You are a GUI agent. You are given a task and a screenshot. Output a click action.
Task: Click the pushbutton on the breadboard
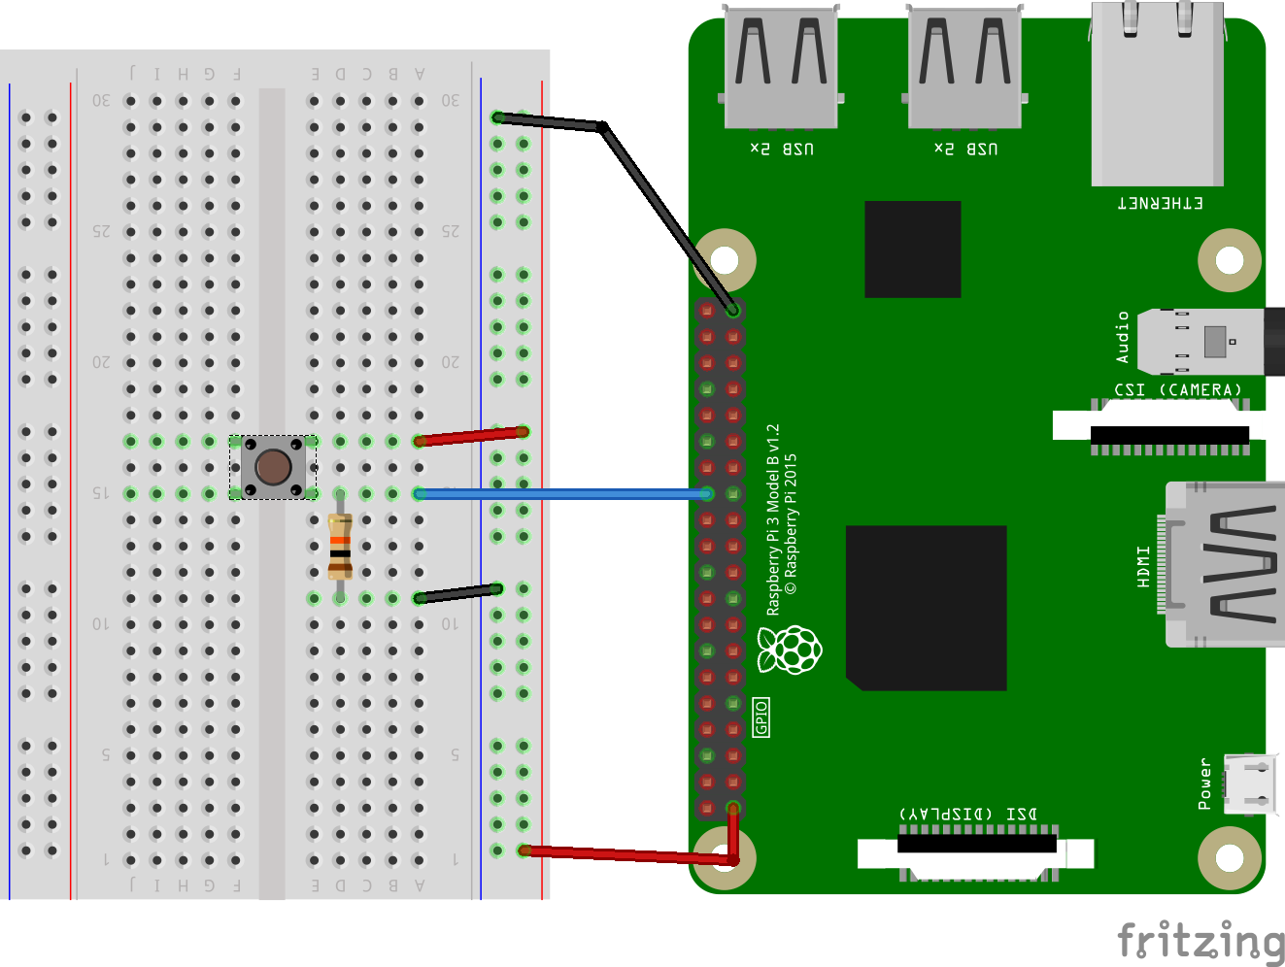click(x=273, y=467)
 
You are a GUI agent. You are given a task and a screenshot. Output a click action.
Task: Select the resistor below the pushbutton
click(x=340, y=546)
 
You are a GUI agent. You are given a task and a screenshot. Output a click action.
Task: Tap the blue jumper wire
click(x=563, y=494)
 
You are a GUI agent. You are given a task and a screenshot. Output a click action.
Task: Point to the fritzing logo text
click(x=1200, y=940)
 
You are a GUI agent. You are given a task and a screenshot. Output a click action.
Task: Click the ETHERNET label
click(x=1160, y=203)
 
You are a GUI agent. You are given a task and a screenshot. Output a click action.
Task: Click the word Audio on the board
click(x=1123, y=337)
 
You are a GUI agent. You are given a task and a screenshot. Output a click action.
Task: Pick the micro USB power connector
click(x=1250, y=784)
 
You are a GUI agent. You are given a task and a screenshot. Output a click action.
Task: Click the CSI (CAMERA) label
click(x=1177, y=390)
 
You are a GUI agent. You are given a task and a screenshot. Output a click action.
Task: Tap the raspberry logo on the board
click(x=790, y=650)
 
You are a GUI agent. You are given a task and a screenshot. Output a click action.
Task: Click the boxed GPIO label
click(x=761, y=717)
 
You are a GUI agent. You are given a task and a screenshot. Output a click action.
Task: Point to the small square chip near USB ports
click(x=912, y=250)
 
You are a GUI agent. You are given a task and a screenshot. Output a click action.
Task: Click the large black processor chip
click(x=926, y=608)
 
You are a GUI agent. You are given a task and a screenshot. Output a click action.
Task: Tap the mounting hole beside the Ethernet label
click(x=1229, y=260)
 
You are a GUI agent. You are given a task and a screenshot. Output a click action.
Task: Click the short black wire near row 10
click(x=457, y=593)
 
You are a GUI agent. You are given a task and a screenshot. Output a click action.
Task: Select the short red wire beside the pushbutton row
click(x=470, y=436)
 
